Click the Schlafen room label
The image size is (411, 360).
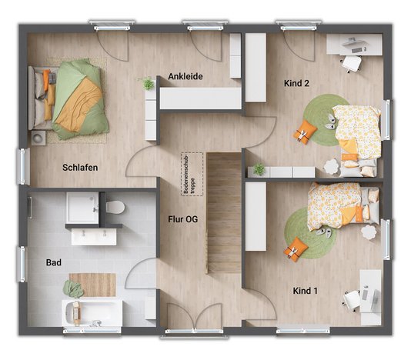tap(81, 167)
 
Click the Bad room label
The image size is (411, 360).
tap(54, 263)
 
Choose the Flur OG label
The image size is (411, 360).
tap(183, 219)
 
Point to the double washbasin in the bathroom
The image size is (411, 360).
tap(94, 235)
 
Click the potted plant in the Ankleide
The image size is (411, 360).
tap(148, 83)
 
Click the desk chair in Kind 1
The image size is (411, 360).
tap(351, 302)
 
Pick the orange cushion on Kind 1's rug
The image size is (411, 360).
tap(295, 249)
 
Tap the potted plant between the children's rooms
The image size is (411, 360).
tap(259, 168)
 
